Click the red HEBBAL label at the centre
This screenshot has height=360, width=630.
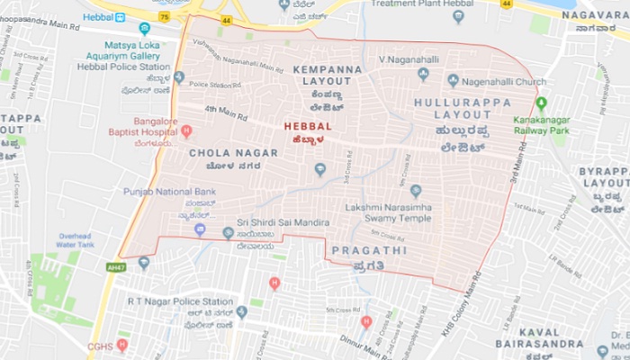click(308, 126)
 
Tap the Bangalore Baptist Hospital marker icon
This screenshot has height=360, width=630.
click(186, 131)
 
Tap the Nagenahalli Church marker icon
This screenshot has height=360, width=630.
click(453, 81)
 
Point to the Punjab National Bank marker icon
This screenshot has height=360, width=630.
click(200, 229)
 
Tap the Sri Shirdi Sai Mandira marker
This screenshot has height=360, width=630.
click(227, 232)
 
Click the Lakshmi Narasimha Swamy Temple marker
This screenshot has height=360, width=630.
click(415, 191)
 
